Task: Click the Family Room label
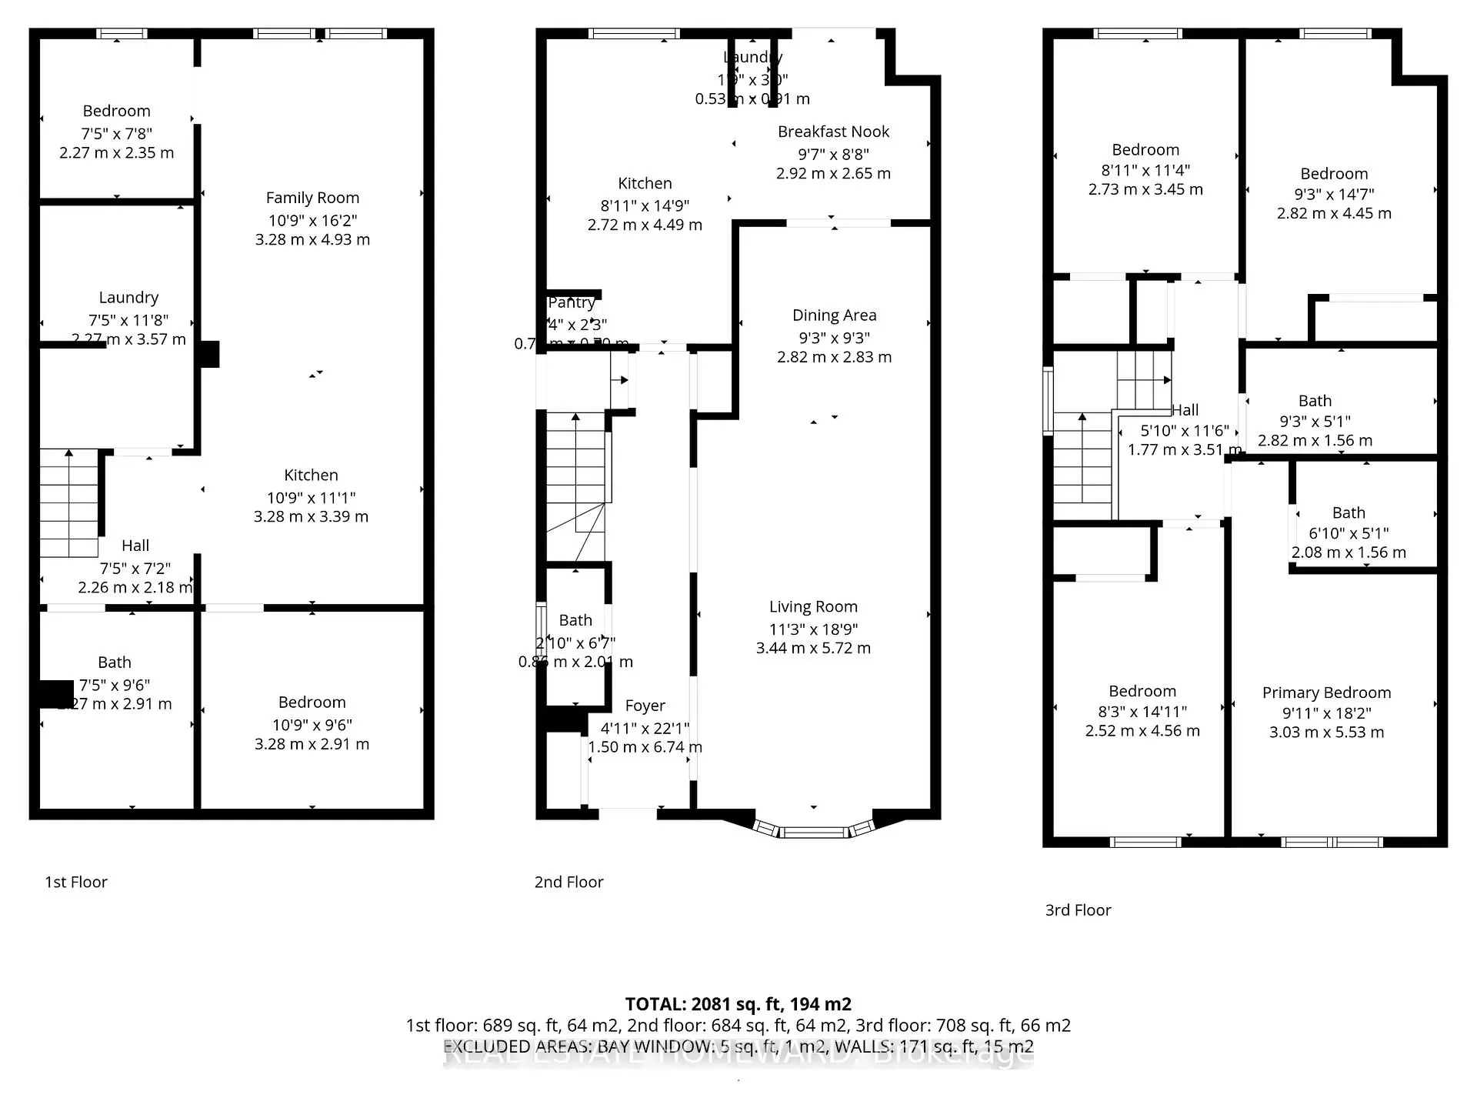click(x=312, y=198)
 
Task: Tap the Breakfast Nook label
click(x=833, y=132)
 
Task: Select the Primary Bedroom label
click(x=1326, y=692)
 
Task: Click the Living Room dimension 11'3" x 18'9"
click(x=813, y=629)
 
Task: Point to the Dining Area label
click(x=834, y=315)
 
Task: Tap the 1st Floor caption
click(x=75, y=883)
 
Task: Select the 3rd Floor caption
click(x=1077, y=910)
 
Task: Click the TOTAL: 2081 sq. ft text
click(x=737, y=1004)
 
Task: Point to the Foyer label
click(x=645, y=706)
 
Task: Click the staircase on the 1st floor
click(x=68, y=502)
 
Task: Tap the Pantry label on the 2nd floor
click(x=572, y=303)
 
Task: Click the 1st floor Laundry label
click(x=128, y=298)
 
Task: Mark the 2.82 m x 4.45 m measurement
click(x=1334, y=213)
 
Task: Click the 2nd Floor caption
click(x=568, y=883)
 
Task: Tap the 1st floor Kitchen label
click(x=311, y=476)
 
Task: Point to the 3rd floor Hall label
click(x=1185, y=410)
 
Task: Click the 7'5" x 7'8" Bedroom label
click(x=117, y=112)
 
